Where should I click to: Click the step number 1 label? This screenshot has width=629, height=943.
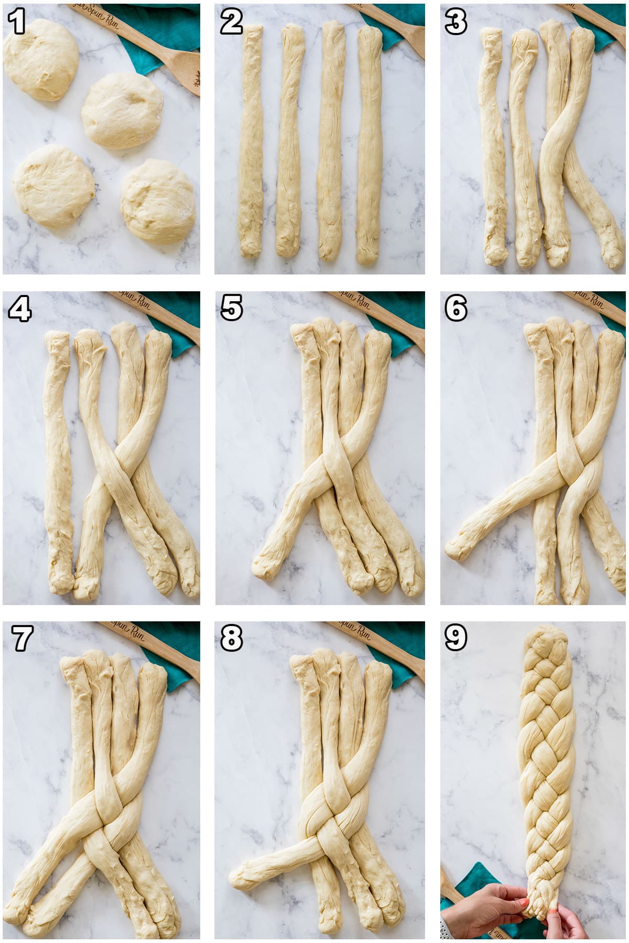click(x=17, y=22)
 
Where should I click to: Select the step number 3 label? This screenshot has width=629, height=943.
click(x=456, y=22)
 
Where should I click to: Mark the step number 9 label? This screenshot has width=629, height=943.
click(x=456, y=638)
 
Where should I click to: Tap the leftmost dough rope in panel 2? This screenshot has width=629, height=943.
click(x=251, y=141)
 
